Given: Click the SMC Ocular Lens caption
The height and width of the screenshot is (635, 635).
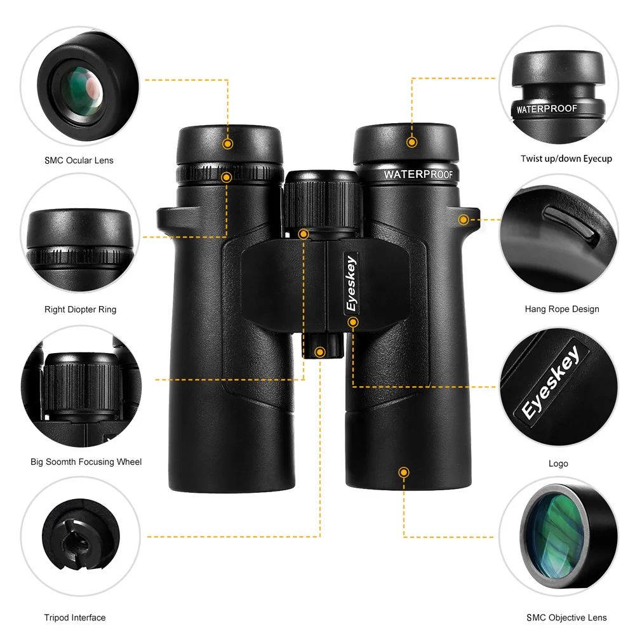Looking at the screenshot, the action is (79, 161).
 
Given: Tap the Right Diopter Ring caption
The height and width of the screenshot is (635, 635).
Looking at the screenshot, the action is (80, 309).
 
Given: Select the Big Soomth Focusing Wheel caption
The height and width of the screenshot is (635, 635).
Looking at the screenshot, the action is (86, 462).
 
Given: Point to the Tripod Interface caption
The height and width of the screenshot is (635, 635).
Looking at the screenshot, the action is (75, 618).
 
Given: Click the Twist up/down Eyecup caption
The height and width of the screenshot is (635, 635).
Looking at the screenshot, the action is (566, 159).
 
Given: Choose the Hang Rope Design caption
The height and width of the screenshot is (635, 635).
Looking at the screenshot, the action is (562, 309).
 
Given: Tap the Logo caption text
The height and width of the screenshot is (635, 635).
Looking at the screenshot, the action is (558, 464).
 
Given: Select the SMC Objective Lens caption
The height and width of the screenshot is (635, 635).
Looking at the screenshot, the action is (566, 618).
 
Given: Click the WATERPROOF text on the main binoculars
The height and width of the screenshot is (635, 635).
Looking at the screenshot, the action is (418, 175).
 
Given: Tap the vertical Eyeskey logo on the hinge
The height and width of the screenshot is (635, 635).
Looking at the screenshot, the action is (351, 283).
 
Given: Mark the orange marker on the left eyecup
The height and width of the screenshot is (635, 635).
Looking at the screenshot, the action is (227, 144).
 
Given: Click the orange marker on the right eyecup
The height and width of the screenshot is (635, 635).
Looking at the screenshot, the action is (412, 142).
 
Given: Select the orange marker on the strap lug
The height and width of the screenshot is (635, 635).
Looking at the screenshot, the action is (464, 220).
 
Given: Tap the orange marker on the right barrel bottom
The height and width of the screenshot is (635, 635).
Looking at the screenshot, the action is (403, 472).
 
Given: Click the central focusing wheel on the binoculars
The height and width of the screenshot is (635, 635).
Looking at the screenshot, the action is (322, 203).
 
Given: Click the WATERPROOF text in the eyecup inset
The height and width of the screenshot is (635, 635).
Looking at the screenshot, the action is (547, 109).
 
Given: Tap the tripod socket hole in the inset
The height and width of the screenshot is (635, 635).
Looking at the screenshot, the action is (79, 540).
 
